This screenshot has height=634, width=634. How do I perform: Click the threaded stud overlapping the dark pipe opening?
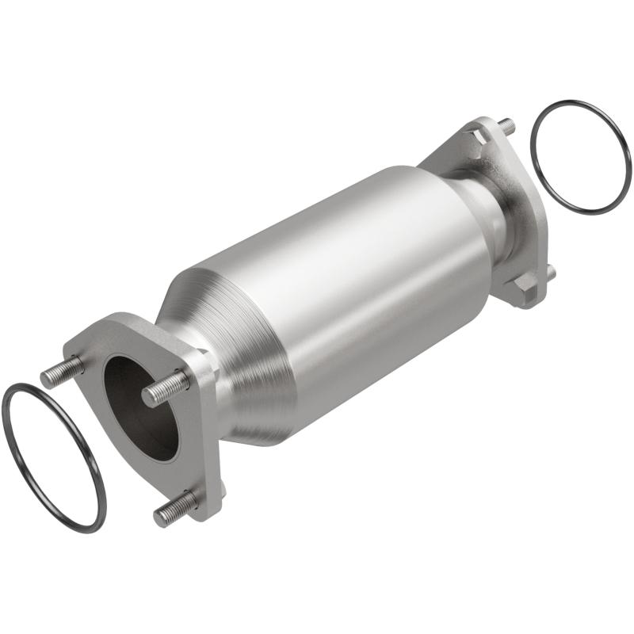tap(165, 388)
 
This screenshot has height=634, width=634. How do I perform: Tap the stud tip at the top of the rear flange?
tap(506, 124)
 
